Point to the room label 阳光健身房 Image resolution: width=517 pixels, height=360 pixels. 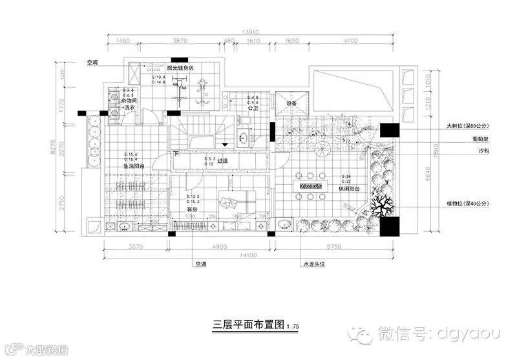pyautogui.click(x=180, y=68)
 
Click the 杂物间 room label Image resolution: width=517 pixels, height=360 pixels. pyautogui.click(x=127, y=101)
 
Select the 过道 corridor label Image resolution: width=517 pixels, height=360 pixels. pyautogui.click(x=222, y=162)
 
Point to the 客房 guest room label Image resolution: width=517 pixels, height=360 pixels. pyautogui.click(x=191, y=209)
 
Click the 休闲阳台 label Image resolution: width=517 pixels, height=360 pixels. pyautogui.click(x=349, y=188)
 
